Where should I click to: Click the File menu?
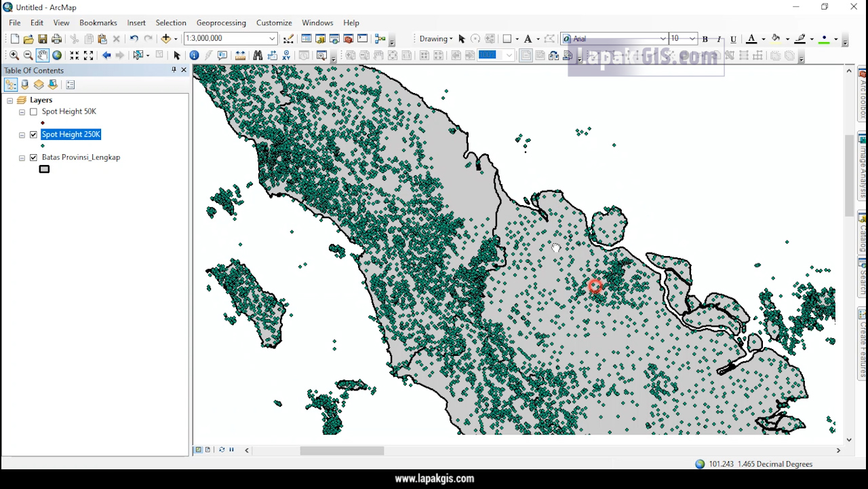[14, 22]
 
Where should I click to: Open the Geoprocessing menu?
[221, 22]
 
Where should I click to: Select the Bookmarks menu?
[98, 22]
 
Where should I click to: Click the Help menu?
[351, 22]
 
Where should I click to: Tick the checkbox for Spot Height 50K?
[33, 111]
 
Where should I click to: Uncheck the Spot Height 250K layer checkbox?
[33, 134]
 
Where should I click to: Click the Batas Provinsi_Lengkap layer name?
[81, 157]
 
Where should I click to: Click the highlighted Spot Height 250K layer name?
[71, 134]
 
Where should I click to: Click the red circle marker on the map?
[595, 286]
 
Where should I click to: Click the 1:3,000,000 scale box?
[227, 39]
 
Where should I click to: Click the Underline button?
[733, 39]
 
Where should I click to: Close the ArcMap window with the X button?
[854, 7]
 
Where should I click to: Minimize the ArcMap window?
[796, 7]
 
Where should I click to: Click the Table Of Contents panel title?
[34, 71]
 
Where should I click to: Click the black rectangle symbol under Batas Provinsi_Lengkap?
[45, 169]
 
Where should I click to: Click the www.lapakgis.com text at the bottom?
[434, 479]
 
